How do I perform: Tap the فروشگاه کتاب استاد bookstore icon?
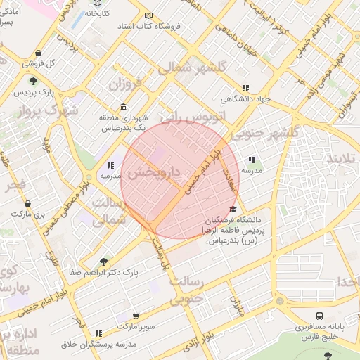click(x=148, y=15)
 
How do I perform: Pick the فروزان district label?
click(x=125, y=85)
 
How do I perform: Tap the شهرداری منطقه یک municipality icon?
click(x=123, y=107)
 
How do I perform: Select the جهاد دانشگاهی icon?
click(x=245, y=88)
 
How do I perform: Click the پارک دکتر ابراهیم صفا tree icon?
click(x=104, y=261)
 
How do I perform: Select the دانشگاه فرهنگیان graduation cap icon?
click(x=233, y=210)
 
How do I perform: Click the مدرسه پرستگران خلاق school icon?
click(x=98, y=333)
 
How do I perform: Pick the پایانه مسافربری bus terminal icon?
click(x=320, y=316)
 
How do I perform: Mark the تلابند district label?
click(x=341, y=159)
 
